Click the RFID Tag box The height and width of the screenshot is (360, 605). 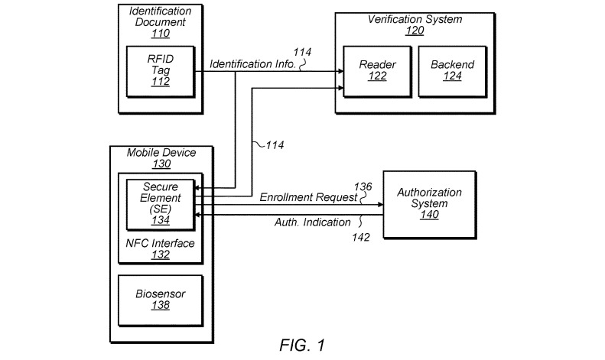161,72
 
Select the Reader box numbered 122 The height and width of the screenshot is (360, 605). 377,72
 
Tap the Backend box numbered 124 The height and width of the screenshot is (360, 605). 453,72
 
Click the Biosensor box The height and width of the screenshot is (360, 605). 161,300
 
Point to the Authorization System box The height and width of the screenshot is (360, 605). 430,205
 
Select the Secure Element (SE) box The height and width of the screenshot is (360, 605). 161,205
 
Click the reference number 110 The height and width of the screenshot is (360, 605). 161,34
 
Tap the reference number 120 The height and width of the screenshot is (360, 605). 415,31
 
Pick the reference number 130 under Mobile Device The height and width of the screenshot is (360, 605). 161,164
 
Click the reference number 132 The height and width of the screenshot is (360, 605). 161,255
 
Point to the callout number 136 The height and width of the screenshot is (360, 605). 363,187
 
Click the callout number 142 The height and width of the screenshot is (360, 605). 361,237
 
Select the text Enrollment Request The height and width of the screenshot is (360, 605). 308,198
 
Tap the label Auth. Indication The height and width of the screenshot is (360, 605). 313,222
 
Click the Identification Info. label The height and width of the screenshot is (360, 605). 252,64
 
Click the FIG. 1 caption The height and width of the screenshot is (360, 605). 303,345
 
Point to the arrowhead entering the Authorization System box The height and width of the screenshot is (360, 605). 380,205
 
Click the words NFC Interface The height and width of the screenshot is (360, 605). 160,243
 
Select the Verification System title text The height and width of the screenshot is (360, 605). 415,19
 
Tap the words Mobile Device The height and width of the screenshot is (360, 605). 161,153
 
